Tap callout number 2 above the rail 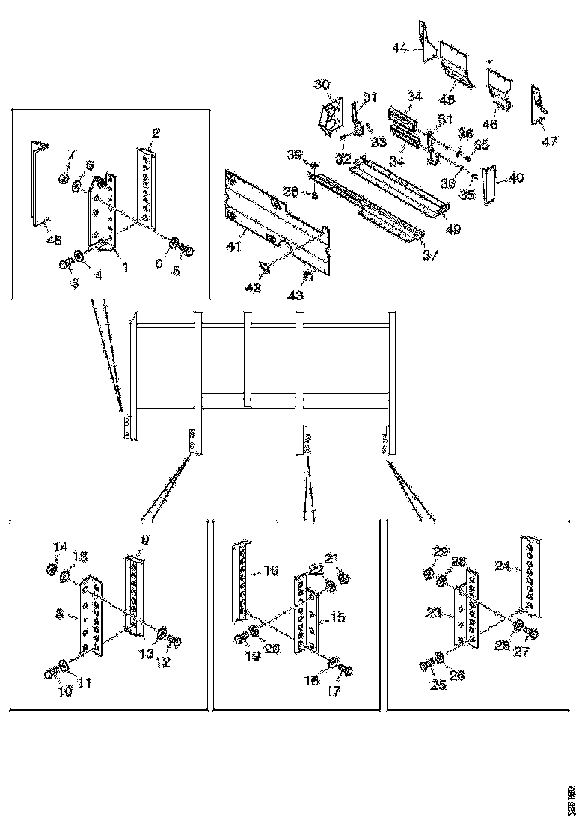point(155,134)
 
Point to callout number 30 point(322,83)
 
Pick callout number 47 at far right point(550,141)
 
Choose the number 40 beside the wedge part point(516,178)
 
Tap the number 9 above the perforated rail point(144,539)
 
